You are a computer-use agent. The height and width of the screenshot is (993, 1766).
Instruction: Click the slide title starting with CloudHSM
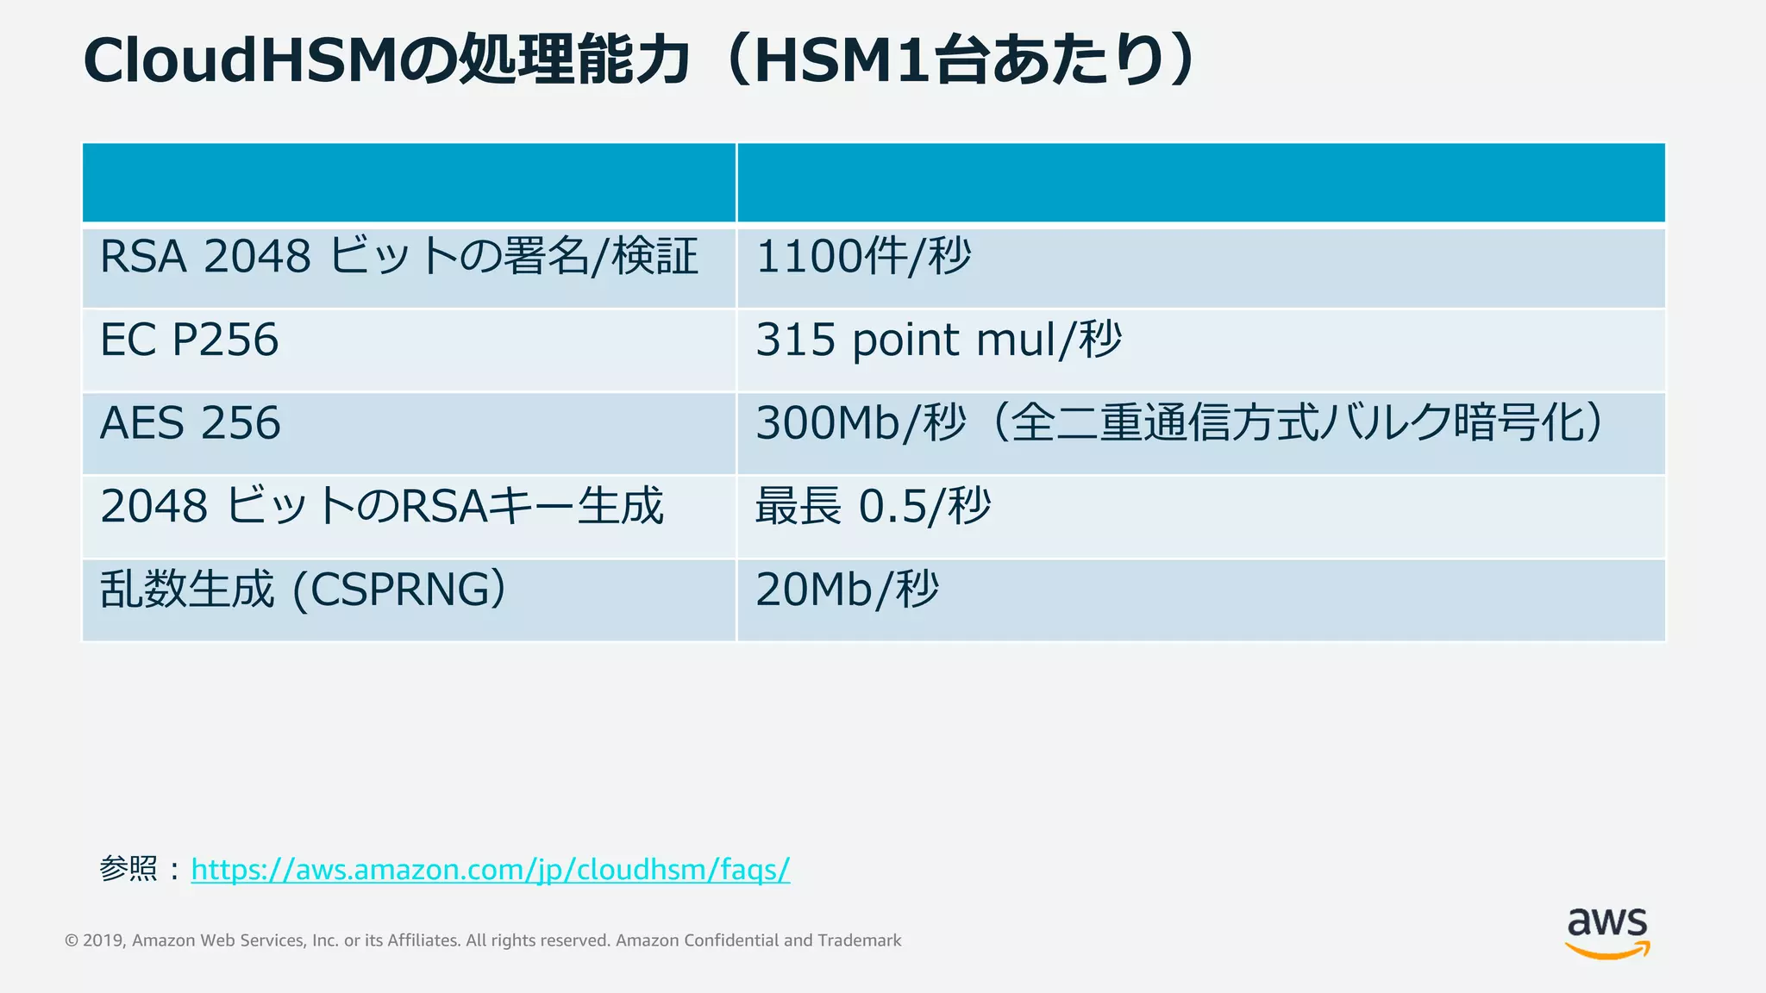(x=638, y=60)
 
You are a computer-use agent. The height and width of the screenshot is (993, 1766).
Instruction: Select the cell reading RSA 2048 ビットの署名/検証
(x=398, y=257)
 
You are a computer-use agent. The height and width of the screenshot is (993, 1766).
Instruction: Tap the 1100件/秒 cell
(x=863, y=257)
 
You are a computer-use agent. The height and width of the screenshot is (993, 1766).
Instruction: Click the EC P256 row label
(x=190, y=340)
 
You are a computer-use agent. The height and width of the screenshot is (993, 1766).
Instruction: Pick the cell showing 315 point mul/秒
(x=938, y=340)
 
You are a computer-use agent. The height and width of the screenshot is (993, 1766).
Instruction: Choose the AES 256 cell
(x=191, y=423)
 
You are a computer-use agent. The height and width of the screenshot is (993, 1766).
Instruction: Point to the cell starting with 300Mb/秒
(x=1178, y=423)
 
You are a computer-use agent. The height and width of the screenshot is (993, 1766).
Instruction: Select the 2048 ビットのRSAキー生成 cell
(x=382, y=506)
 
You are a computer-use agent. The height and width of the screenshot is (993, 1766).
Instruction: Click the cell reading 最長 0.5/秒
(x=873, y=506)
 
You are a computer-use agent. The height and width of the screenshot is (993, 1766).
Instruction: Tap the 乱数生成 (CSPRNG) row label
(x=303, y=590)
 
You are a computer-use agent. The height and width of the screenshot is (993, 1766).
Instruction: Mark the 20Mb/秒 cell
(x=847, y=590)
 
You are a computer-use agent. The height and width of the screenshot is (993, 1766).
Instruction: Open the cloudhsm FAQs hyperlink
(x=490, y=869)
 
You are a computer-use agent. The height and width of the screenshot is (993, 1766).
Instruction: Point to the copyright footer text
(x=483, y=940)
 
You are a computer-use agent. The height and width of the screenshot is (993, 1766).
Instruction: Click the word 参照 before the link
(x=128, y=869)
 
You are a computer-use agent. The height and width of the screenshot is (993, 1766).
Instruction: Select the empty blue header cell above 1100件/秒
(x=1200, y=183)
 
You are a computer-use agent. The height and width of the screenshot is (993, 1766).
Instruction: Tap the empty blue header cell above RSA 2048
(x=409, y=183)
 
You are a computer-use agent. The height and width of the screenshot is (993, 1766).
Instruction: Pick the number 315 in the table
(x=796, y=340)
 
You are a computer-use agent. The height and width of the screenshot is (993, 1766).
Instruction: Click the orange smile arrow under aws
(x=1606, y=951)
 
